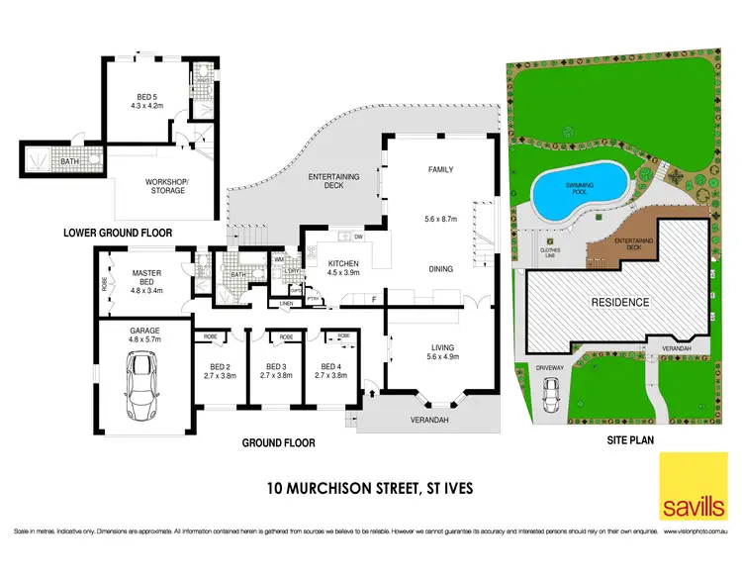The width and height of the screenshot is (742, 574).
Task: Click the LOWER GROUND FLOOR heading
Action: tap(118, 234)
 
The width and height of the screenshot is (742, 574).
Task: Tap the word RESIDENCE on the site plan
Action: tap(620, 303)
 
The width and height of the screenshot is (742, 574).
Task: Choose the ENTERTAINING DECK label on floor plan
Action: tap(334, 180)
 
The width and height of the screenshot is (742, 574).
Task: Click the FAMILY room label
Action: tap(440, 169)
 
